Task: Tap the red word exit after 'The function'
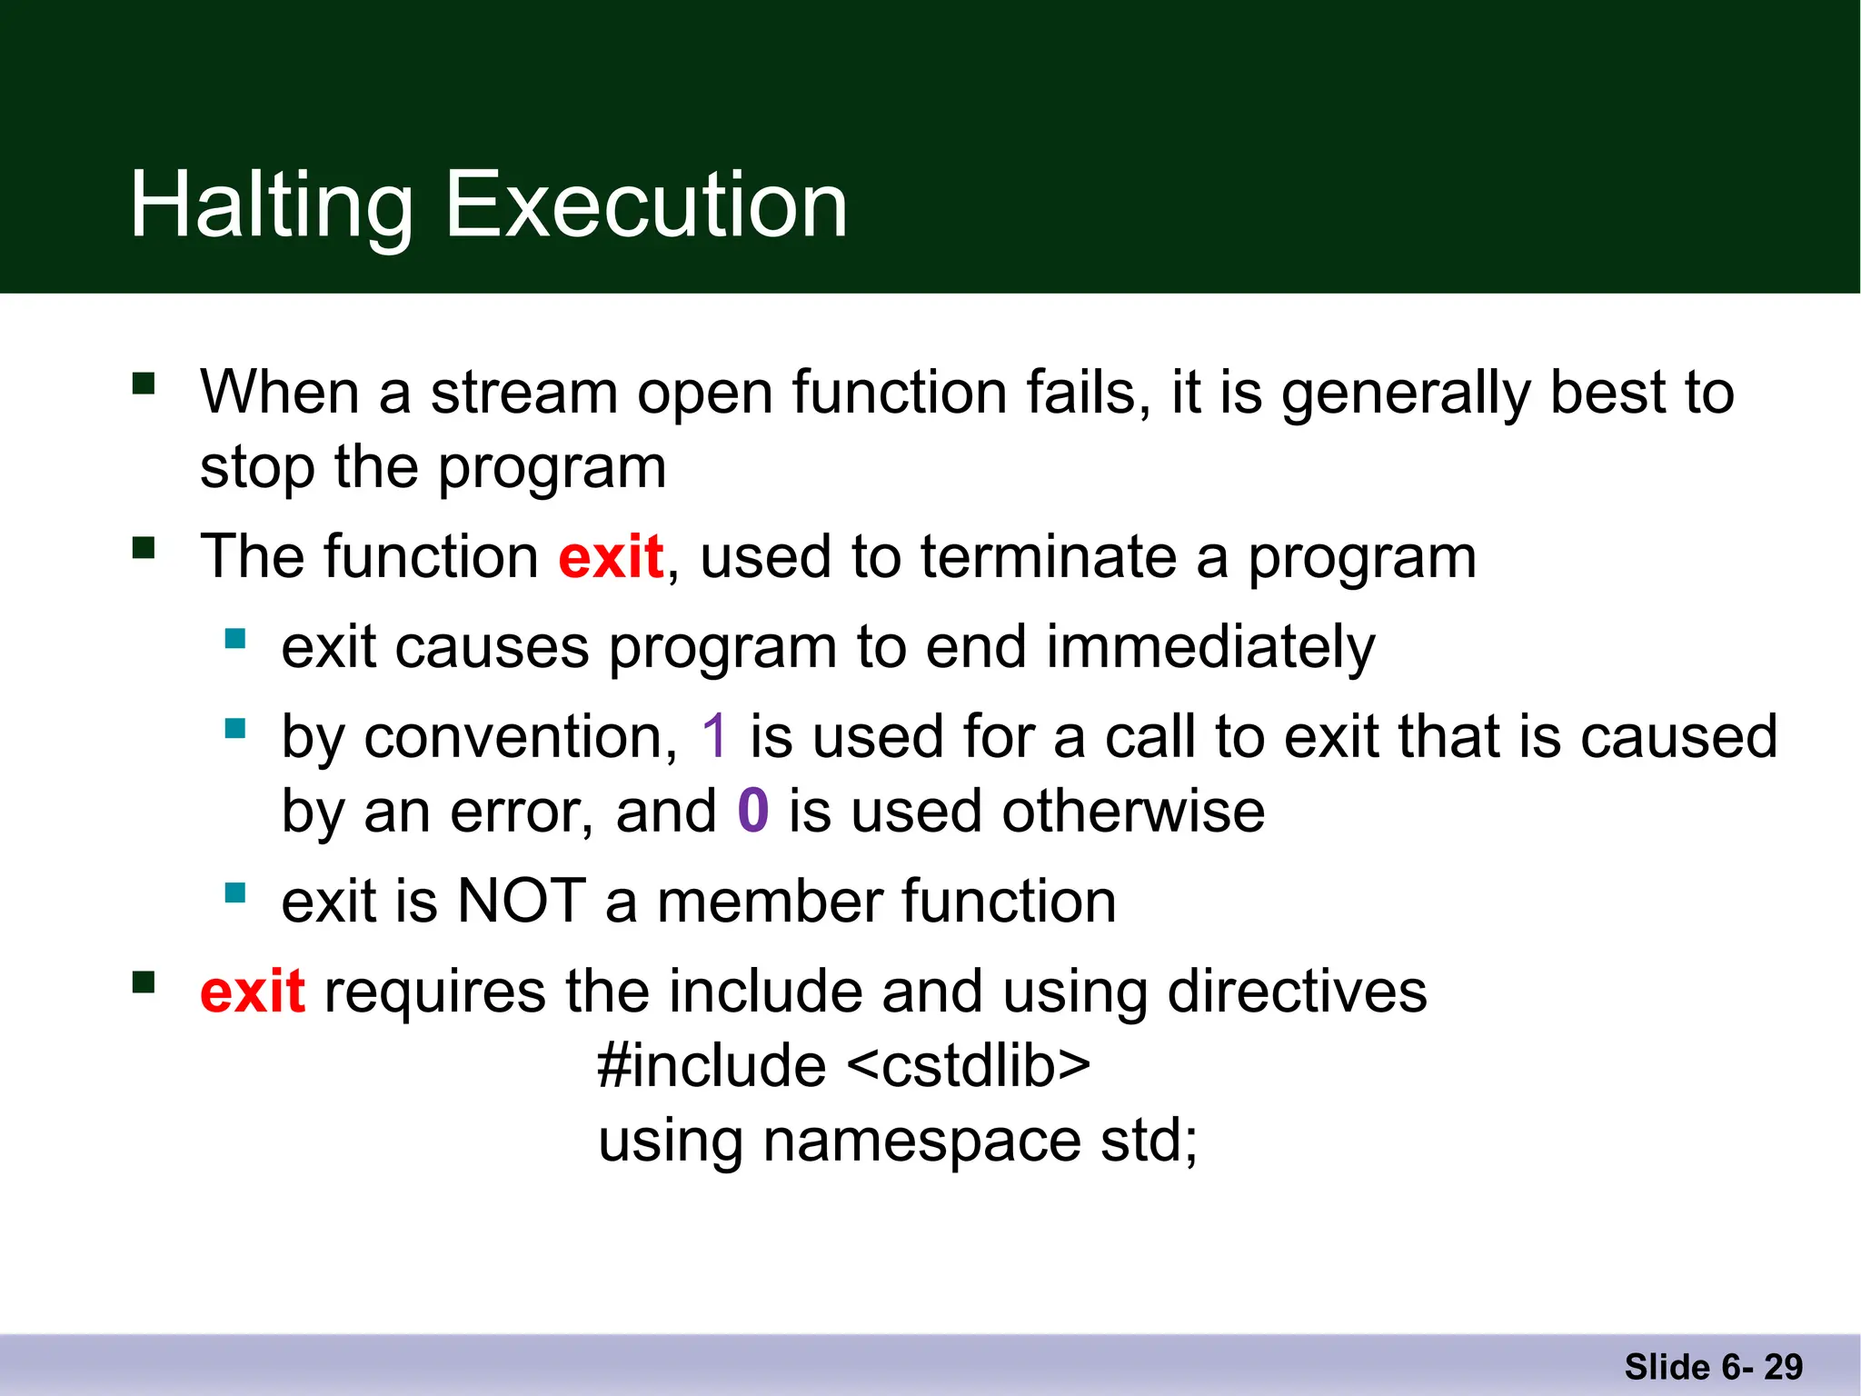point(610,557)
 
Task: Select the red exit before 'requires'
point(252,992)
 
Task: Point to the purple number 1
point(714,736)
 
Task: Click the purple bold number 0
point(753,811)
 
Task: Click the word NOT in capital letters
point(522,902)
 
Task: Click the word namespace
point(921,1141)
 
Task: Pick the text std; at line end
point(1149,1141)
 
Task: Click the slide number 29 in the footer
point(1783,1367)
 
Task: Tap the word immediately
point(1209,648)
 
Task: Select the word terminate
point(1048,557)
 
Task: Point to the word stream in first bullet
point(523,393)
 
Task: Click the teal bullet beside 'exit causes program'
point(235,639)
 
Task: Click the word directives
point(1297,992)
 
